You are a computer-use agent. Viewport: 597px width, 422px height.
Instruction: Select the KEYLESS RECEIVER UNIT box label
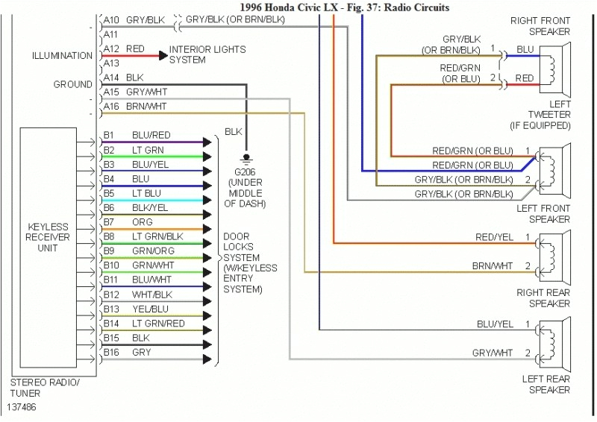pyautogui.click(x=48, y=237)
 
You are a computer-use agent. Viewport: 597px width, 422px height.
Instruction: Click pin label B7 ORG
pyautogui.click(x=128, y=222)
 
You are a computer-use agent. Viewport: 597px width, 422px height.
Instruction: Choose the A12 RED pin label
pyautogui.click(x=124, y=49)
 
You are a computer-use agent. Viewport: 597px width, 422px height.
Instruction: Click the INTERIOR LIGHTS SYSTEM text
pyautogui.click(x=207, y=54)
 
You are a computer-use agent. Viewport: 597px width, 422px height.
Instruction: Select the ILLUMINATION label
pyautogui.click(x=62, y=56)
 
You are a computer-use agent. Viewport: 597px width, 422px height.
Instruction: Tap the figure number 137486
pyautogui.click(x=23, y=408)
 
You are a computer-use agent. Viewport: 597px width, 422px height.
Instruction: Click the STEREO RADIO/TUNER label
pyautogui.click(x=37, y=388)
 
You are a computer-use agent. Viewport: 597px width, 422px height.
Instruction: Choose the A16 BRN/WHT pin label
pyautogui.click(x=135, y=107)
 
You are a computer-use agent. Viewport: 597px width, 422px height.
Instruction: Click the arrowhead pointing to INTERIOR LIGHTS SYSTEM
pyautogui.click(x=163, y=55)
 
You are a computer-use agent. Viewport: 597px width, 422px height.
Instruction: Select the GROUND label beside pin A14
pyautogui.click(x=72, y=85)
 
